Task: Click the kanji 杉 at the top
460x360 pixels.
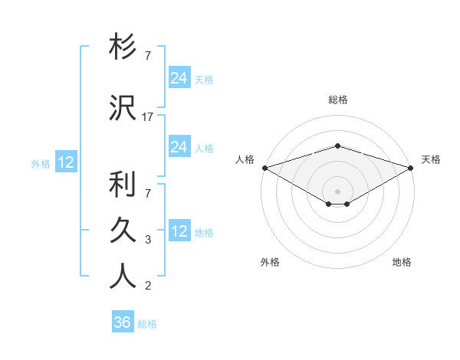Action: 123,48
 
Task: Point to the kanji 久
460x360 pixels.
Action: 123,231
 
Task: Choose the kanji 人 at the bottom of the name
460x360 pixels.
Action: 123,276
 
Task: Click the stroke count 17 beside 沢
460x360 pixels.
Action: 148,117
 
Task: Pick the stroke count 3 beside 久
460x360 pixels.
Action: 148,240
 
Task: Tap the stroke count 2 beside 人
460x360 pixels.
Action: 148,286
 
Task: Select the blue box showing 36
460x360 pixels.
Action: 123,322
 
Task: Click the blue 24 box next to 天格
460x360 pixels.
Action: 179,77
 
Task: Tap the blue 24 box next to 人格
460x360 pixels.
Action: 179,146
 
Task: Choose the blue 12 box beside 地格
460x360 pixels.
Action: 179,231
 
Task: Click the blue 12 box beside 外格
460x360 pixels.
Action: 66,162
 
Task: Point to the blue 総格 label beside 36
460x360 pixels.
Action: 147,324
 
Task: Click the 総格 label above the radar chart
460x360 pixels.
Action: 337,100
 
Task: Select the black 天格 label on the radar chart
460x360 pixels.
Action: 431,159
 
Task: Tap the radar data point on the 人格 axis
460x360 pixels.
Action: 264,168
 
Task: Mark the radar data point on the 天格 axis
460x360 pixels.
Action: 411,168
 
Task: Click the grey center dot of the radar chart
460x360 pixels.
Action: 337,191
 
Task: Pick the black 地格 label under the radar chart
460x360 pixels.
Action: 402,262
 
